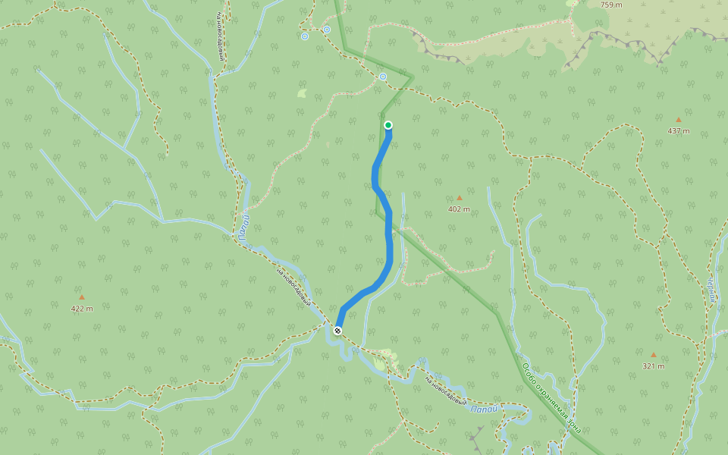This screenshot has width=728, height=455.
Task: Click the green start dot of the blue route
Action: tap(388, 125)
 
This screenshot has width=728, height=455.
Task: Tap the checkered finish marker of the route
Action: tap(337, 331)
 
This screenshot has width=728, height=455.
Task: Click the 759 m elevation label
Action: tap(611, 5)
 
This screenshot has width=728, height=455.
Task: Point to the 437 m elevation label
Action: tap(679, 131)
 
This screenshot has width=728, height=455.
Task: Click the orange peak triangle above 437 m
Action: tap(679, 120)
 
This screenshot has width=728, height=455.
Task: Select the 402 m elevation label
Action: tap(459, 209)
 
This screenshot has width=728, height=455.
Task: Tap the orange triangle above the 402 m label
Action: tap(459, 198)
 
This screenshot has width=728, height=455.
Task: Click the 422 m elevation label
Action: tap(82, 309)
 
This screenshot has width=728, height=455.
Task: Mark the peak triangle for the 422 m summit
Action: tap(82, 297)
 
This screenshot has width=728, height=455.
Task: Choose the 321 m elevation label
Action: tap(653, 366)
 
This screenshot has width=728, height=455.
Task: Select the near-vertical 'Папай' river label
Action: tap(243, 227)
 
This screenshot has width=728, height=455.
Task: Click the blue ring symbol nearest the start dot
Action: tap(383, 77)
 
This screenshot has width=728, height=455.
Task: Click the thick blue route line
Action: tap(390, 243)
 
